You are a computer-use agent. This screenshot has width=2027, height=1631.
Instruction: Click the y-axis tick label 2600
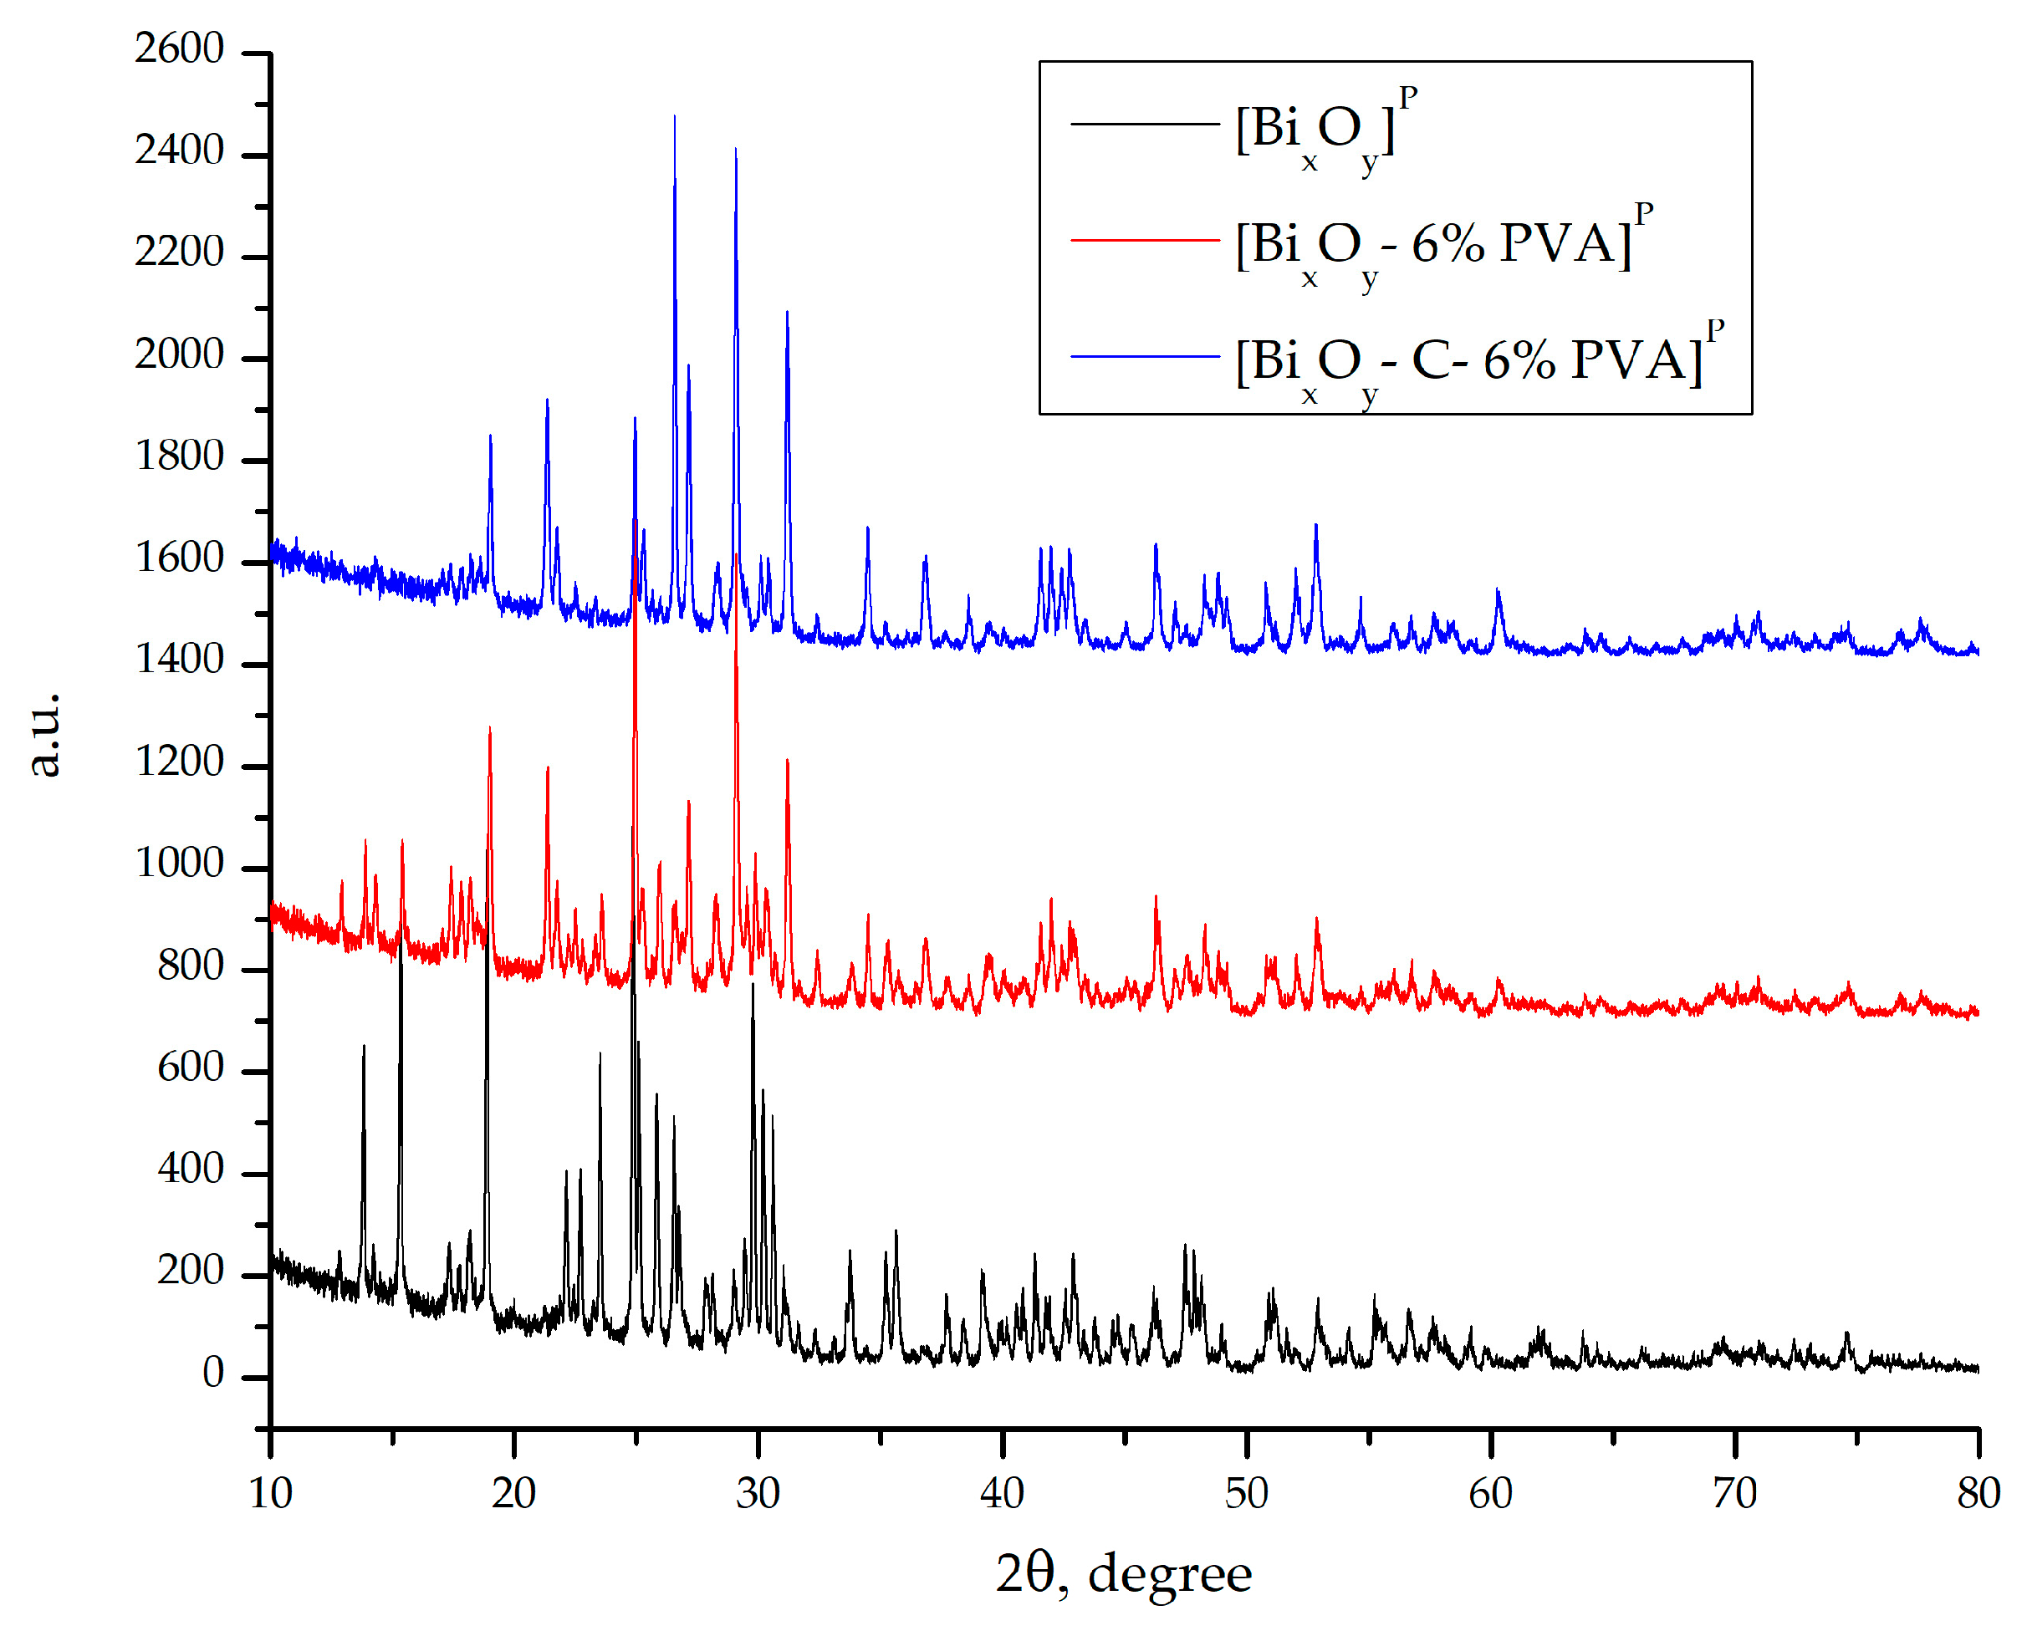click(x=179, y=48)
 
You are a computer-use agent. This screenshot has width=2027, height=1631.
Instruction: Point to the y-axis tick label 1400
click(x=179, y=660)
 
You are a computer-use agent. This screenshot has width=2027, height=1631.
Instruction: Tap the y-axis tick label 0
click(x=212, y=1374)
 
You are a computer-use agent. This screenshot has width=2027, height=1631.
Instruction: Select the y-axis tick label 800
click(x=190, y=966)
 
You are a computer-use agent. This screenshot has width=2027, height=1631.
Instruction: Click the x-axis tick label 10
click(x=270, y=1494)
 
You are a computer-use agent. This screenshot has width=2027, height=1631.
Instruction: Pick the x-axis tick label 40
click(x=1003, y=1494)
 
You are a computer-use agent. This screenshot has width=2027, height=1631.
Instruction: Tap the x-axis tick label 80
click(x=1978, y=1494)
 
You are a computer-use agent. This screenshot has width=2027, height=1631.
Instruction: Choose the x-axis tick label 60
click(x=1490, y=1494)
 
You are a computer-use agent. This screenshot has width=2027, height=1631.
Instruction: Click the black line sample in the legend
click(x=1144, y=124)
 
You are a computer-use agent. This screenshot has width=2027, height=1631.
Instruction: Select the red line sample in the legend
click(x=1144, y=241)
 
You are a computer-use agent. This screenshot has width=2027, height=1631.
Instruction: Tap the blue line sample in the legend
click(x=1144, y=357)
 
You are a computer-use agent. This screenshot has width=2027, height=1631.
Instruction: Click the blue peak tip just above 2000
click(x=787, y=312)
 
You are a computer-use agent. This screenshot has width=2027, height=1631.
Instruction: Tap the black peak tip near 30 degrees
click(x=752, y=984)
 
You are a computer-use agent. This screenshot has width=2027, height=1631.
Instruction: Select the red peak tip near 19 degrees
click(x=490, y=728)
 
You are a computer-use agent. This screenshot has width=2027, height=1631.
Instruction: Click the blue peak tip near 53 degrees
click(x=1315, y=526)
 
